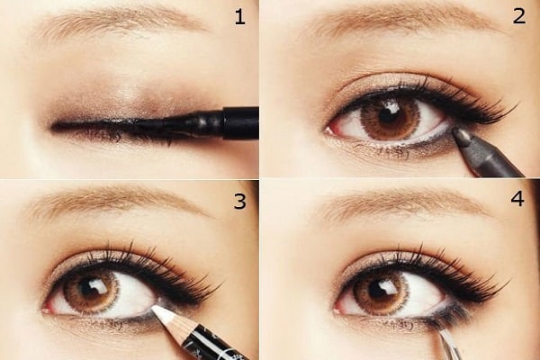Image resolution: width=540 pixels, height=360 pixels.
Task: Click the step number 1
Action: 239,17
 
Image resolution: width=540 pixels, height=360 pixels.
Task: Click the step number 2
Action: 519,16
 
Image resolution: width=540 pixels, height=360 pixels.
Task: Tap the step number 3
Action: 239,202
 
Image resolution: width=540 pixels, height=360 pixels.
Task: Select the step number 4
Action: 517,199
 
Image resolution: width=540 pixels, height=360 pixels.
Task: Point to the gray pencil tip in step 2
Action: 458,132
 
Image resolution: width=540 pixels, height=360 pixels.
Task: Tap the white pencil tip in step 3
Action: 163,313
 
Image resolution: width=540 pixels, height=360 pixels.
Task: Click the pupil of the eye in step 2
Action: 386,115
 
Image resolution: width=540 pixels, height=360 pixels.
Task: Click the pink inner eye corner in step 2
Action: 329,130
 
